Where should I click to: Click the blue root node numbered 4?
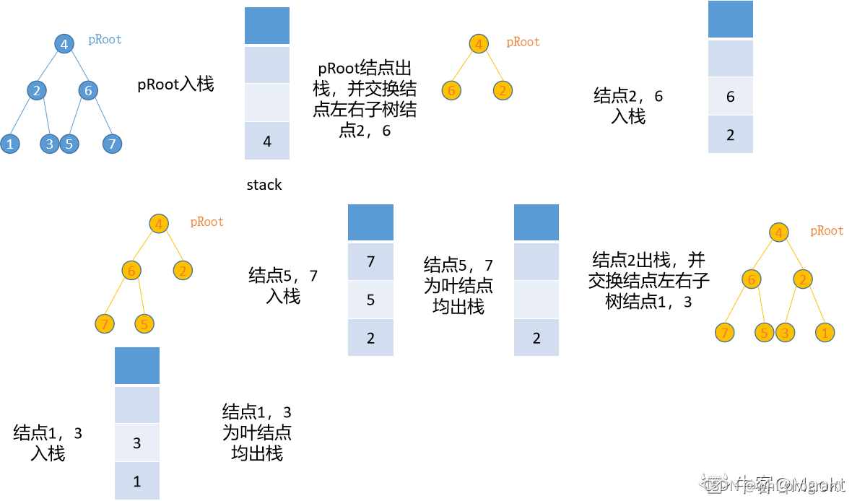coord(64,45)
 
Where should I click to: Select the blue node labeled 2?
coord(36,91)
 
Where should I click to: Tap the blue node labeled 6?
coord(88,91)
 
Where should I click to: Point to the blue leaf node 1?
coord(10,144)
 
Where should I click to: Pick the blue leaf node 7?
coord(111,144)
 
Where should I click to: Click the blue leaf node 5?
coord(69,144)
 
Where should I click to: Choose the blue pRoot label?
coord(105,40)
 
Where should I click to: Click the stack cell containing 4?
coord(267,141)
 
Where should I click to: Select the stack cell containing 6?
coord(731,96)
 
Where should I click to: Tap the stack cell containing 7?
coord(370,261)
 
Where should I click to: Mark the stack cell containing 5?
coord(370,300)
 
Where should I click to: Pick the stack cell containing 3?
coord(137,443)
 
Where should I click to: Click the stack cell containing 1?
coord(137,481)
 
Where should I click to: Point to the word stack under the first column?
coord(264,185)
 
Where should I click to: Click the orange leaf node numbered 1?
coord(825,333)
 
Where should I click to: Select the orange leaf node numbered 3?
coord(785,333)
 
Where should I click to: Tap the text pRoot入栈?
coord(175,84)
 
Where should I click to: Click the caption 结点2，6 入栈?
coord(627,106)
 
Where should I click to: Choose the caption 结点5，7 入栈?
coord(283,286)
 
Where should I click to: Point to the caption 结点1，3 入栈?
coord(48,443)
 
